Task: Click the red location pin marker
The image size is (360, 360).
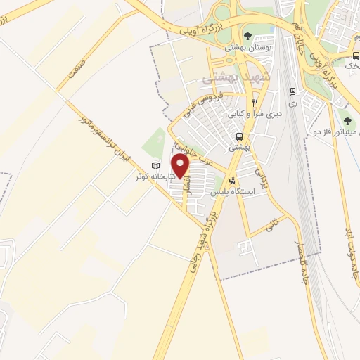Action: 181,166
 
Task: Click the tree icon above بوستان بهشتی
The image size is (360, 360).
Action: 247,37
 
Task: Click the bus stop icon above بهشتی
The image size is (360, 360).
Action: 240,137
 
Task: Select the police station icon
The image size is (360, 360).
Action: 241,181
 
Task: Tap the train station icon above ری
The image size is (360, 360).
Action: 292,91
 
